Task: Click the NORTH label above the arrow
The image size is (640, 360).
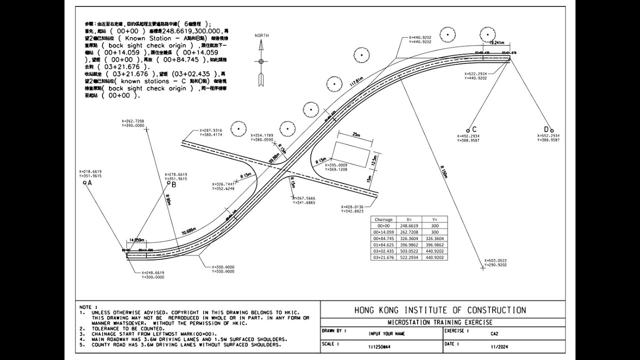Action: (261, 35)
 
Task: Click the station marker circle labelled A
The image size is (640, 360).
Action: (84, 183)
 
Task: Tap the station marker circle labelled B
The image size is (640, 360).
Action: (168, 183)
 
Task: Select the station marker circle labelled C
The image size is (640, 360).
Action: (468, 130)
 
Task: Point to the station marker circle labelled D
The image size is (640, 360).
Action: (552, 130)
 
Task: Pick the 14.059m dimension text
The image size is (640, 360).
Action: (137, 240)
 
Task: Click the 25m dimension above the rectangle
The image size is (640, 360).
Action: (356, 135)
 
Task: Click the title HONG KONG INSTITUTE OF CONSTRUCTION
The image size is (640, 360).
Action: (440, 310)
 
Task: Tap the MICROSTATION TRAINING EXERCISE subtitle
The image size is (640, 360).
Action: (440, 322)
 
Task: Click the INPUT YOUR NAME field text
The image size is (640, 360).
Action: (386, 333)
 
